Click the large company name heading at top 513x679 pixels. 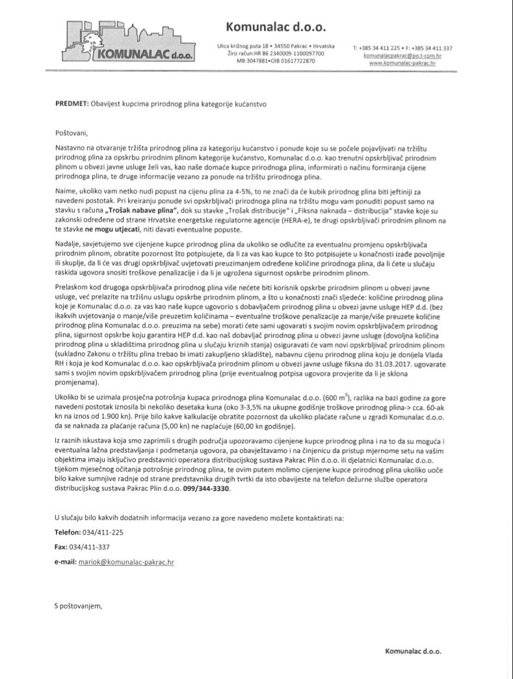(x=276, y=27)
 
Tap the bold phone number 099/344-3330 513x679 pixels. (x=207, y=488)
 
